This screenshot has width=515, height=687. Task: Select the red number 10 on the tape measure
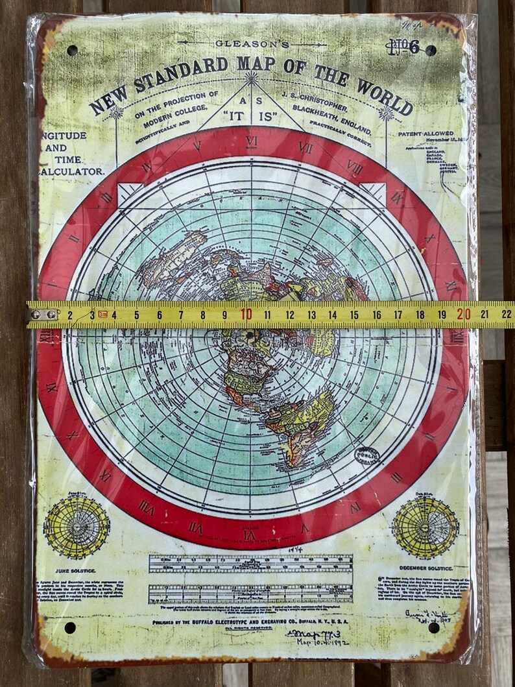tap(246, 315)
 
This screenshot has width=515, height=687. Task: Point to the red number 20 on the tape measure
tap(463, 314)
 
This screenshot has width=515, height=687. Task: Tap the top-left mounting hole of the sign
tap(72, 50)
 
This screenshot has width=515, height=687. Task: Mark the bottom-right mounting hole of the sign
tap(433, 627)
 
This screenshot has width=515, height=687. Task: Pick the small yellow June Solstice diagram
tap(77, 526)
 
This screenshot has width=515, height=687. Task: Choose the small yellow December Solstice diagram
tap(425, 527)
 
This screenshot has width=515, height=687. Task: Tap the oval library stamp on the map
tap(366, 456)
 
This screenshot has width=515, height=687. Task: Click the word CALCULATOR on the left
tap(73, 171)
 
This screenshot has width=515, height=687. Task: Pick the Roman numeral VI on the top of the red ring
tap(252, 141)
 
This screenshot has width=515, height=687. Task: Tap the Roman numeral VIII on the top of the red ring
tap(354, 166)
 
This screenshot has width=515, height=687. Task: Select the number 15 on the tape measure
tap(354, 315)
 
